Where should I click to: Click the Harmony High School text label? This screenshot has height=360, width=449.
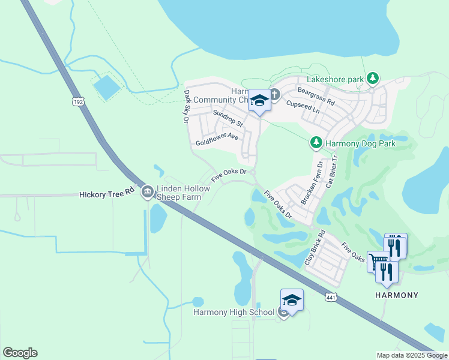[234, 313]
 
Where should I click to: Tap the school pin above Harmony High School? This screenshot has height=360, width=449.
[292, 300]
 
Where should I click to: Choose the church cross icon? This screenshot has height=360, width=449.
[274, 94]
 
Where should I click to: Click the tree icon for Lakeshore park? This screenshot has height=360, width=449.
[373, 79]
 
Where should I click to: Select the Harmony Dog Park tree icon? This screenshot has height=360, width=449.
[316, 143]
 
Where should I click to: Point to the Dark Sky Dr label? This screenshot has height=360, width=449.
[187, 107]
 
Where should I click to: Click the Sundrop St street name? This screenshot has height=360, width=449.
[228, 119]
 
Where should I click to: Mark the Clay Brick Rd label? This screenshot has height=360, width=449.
[315, 248]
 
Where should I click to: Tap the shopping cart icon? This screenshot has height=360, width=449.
[378, 261]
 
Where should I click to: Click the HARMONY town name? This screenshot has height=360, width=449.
[396, 295]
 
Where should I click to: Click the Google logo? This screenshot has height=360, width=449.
[20, 353]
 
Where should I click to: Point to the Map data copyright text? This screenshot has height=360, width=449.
[411, 355]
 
